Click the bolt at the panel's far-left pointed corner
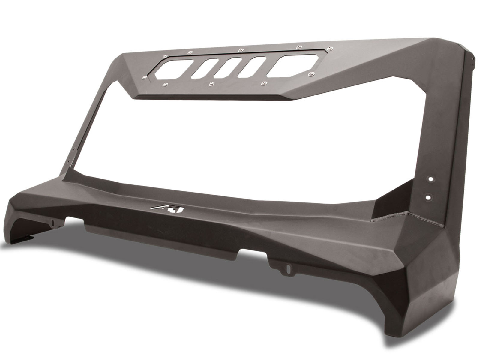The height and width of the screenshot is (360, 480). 144,78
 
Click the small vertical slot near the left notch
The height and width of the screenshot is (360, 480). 53,223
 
